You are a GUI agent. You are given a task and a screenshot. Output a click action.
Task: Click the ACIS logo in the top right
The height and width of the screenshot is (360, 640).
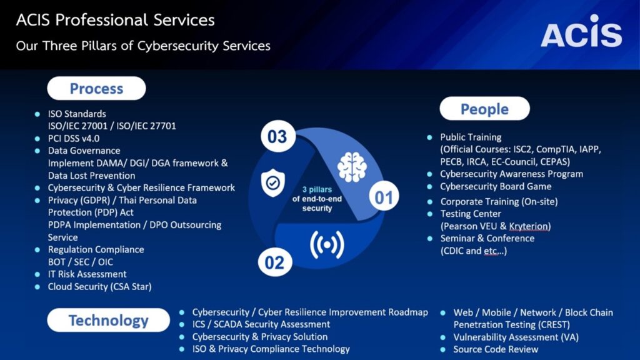pos(581,31)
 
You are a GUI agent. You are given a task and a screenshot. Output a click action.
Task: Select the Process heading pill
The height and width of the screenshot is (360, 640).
pos(96,88)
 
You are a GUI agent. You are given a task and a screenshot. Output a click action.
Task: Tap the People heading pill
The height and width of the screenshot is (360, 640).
pos(484,109)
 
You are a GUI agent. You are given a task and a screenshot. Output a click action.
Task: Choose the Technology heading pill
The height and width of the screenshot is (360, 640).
pos(108,320)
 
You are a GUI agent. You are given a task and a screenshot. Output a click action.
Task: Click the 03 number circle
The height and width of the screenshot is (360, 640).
pos(277,136)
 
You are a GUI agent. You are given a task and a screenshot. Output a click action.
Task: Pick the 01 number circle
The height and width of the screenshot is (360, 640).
pos(384,197)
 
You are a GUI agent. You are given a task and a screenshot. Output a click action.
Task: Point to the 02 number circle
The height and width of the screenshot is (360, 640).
pos(275,262)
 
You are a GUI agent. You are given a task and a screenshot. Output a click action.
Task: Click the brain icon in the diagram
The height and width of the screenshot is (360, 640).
pos(352,166)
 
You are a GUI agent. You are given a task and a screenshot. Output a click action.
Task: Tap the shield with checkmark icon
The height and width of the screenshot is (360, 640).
pos(272,183)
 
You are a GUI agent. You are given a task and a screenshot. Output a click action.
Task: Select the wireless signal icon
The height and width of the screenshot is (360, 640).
pos(327,244)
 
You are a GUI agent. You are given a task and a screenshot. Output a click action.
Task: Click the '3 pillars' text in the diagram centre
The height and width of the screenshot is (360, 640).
pos(317,189)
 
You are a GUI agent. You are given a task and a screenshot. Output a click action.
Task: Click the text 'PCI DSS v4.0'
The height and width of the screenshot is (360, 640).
pos(74,138)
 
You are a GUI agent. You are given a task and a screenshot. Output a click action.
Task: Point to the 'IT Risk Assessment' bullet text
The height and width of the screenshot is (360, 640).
pos(87,274)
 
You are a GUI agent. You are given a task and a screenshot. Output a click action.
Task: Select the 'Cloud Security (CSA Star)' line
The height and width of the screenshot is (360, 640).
pos(99,286)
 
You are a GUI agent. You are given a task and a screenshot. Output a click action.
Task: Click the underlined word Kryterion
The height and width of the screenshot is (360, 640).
pos(529,226)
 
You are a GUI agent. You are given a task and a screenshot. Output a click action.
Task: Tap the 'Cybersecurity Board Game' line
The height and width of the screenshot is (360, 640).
pos(496,186)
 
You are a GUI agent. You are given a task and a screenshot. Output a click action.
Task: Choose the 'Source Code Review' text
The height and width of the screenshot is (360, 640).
pos(496,349)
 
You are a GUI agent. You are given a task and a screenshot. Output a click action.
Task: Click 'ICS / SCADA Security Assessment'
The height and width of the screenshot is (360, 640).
pos(261,324)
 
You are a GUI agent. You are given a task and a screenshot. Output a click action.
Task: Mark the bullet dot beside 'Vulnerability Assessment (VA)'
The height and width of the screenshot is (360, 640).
pos(443,337)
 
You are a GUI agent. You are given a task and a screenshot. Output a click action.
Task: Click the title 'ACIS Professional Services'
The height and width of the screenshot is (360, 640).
pos(115,19)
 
